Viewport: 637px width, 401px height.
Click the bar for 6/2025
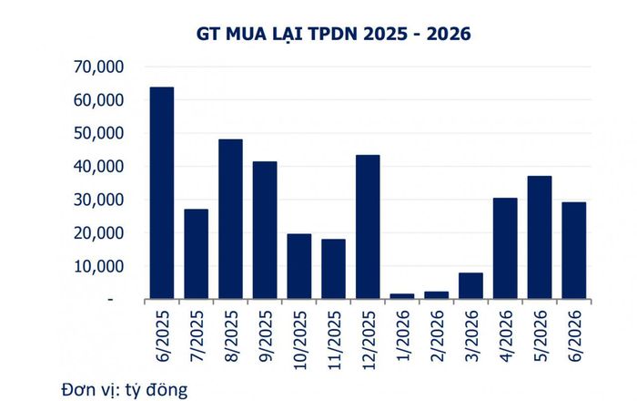(162, 193)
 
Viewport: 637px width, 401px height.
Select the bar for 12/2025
(368, 227)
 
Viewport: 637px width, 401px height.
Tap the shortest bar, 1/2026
(402, 296)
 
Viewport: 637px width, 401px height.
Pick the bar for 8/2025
(230, 219)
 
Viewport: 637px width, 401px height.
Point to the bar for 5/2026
(540, 237)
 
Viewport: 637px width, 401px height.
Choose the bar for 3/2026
(470, 285)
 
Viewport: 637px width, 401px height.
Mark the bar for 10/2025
(299, 266)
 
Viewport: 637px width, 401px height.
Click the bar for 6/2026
(574, 251)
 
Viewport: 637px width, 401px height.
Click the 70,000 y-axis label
(98, 67)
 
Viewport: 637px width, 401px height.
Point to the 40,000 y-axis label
(98, 167)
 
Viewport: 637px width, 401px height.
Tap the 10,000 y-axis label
(98, 266)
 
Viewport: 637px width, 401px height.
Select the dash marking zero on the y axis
(110, 300)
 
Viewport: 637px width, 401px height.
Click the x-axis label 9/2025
(266, 336)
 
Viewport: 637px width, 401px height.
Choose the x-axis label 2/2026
(437, 336)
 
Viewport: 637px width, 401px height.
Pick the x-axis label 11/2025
(334, 340)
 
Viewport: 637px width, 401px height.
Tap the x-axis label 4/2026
(506, 336)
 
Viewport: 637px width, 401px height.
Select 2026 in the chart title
(449, 34)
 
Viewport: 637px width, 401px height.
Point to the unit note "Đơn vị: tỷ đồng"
(125, 390)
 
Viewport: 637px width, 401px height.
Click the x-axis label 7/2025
(197, 336)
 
